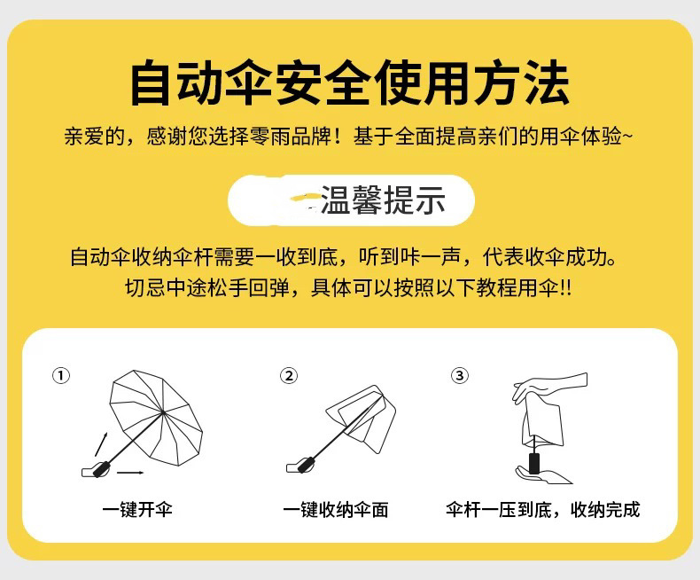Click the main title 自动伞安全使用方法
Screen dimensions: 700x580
tap(349, 83)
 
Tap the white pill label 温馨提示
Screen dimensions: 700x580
tap(351, 200)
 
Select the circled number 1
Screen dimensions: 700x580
tap(61, 375)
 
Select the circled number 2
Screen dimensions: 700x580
tap(289, 375)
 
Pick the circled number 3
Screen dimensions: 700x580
tap(460, 375)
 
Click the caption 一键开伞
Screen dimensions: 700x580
tap(137, 509)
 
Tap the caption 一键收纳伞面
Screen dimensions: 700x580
tap(336, 509)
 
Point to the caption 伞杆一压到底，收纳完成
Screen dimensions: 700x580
tap(542, 509)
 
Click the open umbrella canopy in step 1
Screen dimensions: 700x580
tap(156, 417)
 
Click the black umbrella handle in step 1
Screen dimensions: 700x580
tap(100, 469)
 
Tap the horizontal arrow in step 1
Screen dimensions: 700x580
tap(130, 473)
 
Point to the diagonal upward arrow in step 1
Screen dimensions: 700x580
tap(101, 444)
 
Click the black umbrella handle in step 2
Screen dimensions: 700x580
tap(307, 465)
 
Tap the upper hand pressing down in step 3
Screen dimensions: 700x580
tap(549, 386)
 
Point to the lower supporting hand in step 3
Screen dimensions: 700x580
tap(543, 475)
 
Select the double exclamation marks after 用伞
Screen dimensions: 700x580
tap(565, 286)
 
